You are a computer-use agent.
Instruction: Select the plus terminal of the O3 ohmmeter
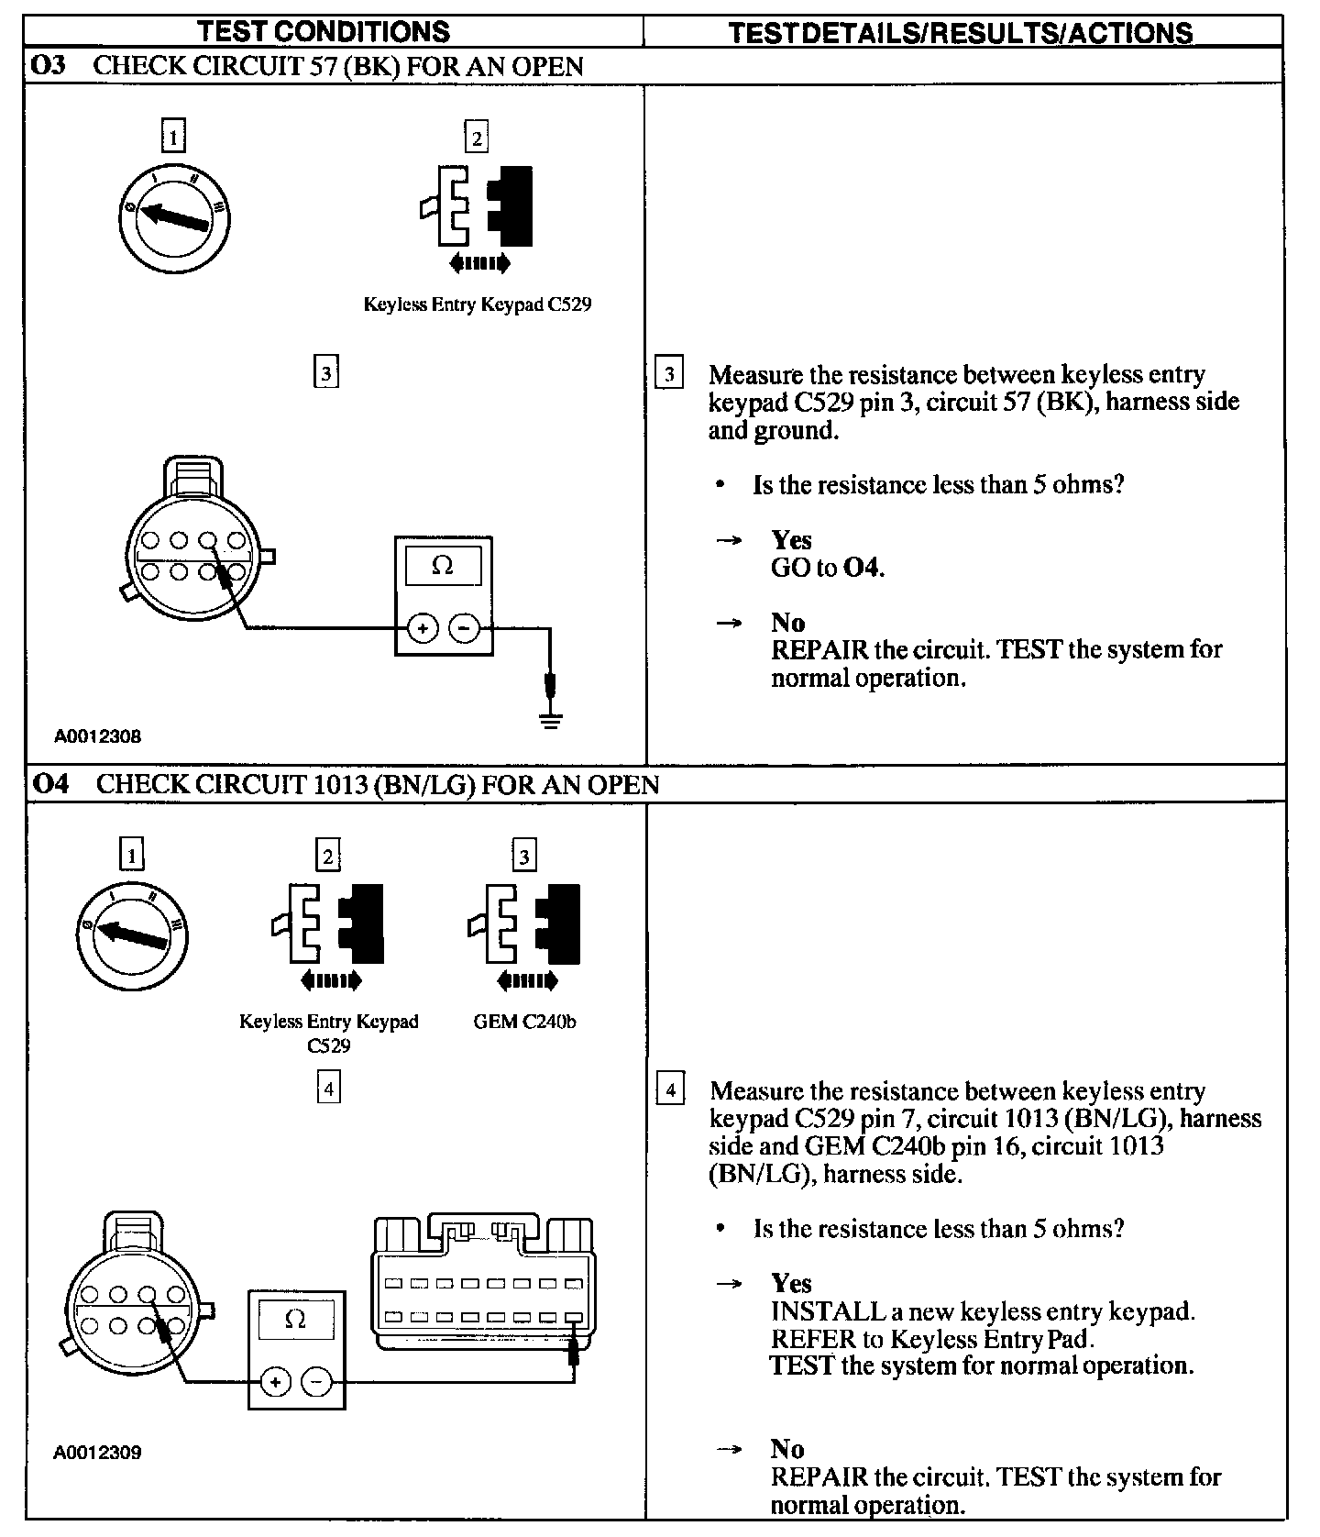click(422, 628)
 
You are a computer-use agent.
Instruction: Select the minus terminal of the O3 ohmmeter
click(464, 628)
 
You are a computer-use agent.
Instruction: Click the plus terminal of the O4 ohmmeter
click(276, 1382)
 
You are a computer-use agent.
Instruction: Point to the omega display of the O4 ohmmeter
click(296, 1321)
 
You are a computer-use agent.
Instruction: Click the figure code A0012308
click(97, 736)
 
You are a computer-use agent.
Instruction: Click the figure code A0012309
click(97, 1453)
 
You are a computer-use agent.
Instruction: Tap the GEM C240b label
click(524, 1022)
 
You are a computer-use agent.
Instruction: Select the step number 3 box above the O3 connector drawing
click(325, 373)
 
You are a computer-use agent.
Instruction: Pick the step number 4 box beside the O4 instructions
click(670, 1091)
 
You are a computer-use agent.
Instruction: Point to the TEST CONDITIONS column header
click(324, 32)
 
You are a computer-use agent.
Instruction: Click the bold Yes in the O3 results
click(791, 540)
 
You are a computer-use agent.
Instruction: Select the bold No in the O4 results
click(787, 1449)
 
